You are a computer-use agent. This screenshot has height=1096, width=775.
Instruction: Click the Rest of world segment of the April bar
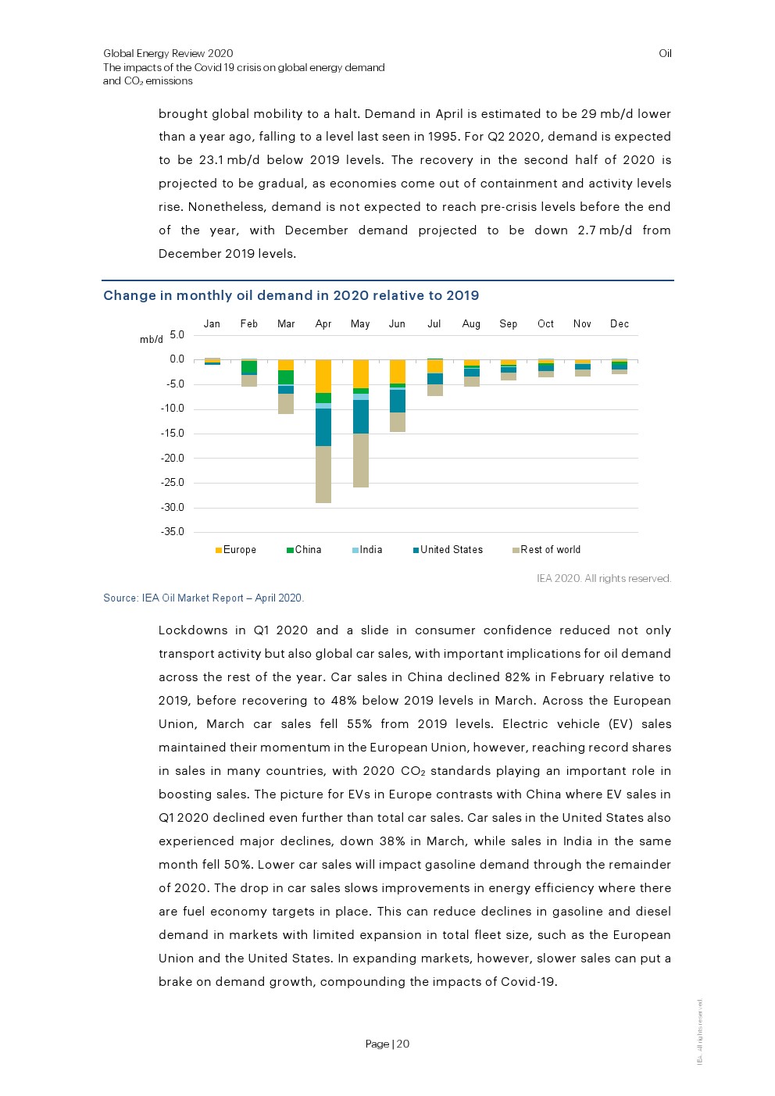coord(323,474)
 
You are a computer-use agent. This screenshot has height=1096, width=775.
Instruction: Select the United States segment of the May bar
coord(360,416)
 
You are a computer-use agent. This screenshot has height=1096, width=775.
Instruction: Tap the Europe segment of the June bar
coord(398,371)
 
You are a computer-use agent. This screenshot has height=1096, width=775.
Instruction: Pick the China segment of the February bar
coord(249,367)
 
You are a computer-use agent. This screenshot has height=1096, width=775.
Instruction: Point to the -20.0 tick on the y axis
coord(173,459)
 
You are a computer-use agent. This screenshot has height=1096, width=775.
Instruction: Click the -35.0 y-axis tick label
coord(173,532)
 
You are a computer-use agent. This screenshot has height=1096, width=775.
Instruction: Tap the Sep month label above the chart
coord(509,324)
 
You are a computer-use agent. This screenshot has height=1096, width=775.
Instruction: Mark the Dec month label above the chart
coord(620,324)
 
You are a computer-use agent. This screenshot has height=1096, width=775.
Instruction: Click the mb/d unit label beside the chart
coord(152,340)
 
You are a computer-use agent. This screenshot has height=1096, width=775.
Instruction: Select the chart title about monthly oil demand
coord(291,295)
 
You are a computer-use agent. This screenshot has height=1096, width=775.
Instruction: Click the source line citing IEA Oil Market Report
coord(203,598)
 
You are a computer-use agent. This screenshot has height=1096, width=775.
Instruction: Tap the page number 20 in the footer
coord(403,1044)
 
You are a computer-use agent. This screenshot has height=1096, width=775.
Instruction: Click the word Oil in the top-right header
coord(665,54)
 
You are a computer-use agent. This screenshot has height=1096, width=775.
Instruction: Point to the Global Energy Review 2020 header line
coord(168,54)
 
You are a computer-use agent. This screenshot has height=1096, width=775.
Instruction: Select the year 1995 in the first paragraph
coord(443,137)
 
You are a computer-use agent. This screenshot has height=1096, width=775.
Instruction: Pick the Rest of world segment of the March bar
coord(286,403)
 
